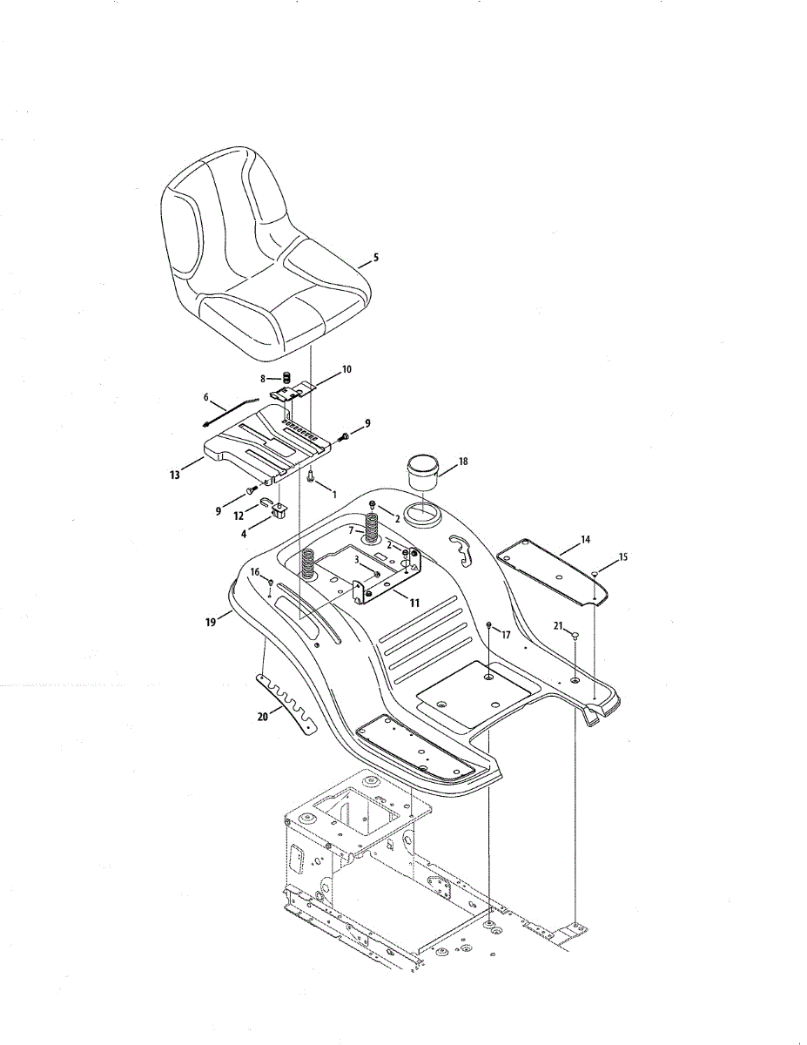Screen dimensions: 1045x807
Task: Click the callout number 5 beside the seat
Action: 375,257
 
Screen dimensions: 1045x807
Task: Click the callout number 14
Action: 585,540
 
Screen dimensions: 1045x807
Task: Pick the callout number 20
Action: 260,719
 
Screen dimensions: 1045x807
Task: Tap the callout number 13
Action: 175,475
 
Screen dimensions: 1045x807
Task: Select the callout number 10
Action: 346,369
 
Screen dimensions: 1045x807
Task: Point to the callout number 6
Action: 206,397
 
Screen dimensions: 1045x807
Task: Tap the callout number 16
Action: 255,571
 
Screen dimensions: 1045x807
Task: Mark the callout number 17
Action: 506,635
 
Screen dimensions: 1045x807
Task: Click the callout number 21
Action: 558,625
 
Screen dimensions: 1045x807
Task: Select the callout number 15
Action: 622,556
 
